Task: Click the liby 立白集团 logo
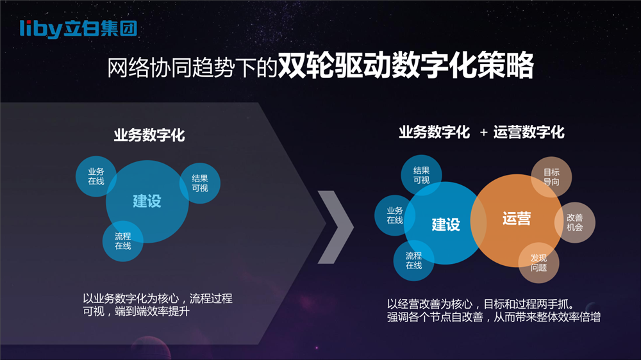78,29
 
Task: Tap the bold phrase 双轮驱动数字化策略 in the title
406,65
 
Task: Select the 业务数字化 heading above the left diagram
149,135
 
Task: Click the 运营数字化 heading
529,132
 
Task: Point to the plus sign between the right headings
483,133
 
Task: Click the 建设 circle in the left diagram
147,201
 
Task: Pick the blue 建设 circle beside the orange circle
445,223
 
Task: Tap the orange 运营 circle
517,220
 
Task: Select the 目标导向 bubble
551,177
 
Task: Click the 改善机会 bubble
575,222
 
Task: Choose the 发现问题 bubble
539,263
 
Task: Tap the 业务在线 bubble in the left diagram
96,176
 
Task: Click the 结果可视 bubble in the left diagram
200,183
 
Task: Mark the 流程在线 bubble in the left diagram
122,241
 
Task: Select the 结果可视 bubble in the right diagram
422,175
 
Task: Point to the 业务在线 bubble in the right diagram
395,215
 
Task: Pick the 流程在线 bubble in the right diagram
413,260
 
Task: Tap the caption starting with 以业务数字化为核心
158,305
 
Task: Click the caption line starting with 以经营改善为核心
481,304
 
